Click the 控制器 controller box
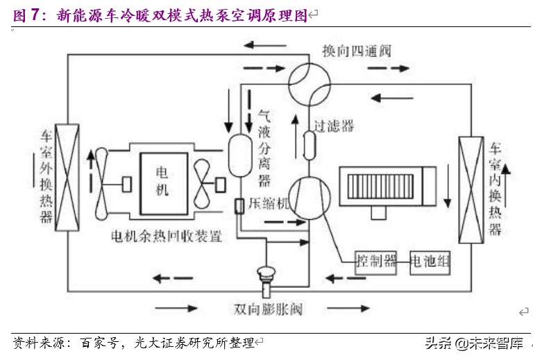click(376, 262)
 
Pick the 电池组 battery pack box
click(430, 262)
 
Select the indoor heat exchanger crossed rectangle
click(470, 189)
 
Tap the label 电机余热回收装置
click(167, 236)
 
